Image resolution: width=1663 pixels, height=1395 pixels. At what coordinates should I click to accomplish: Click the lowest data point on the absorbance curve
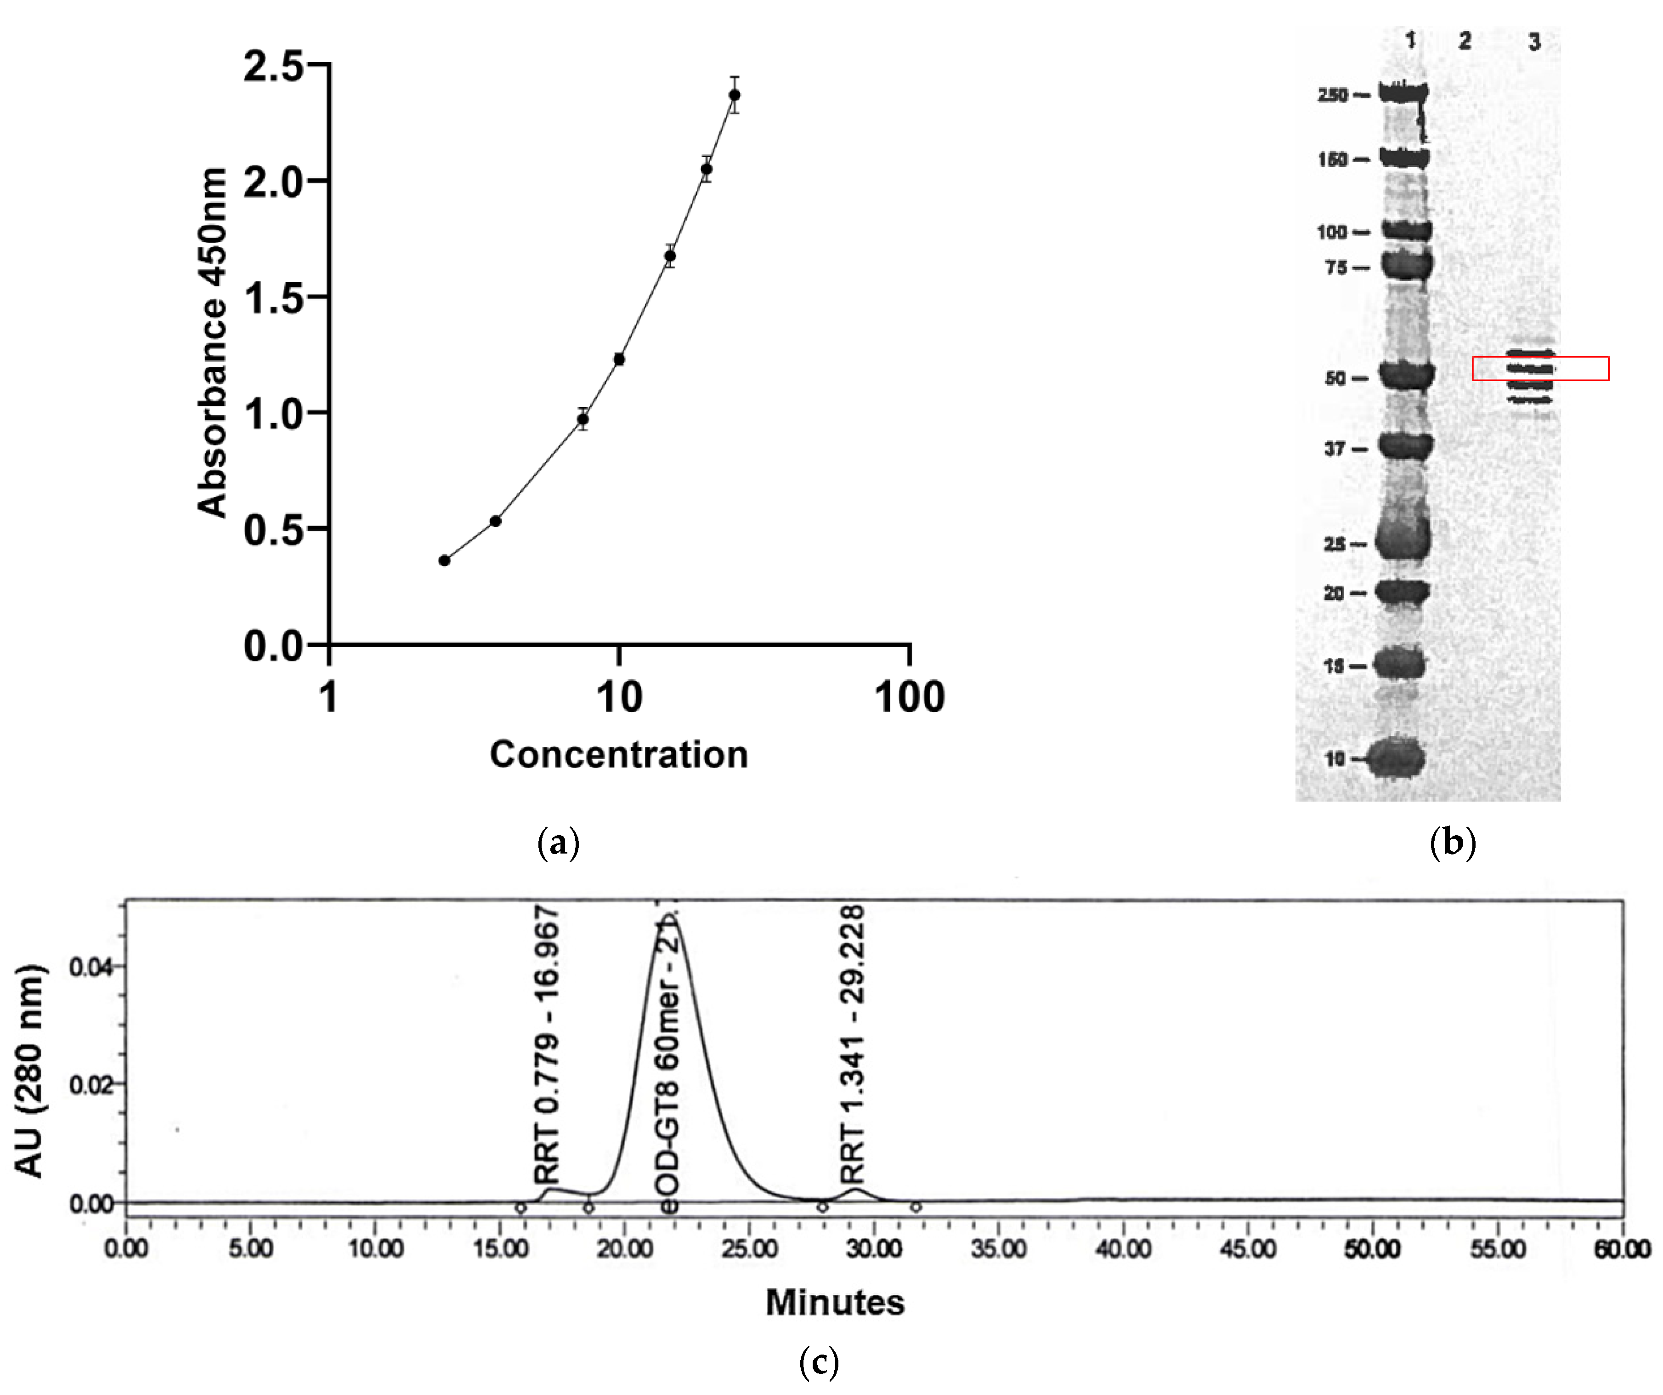[x=444, y=561]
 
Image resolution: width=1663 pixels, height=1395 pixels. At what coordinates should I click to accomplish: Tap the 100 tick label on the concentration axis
[x=909, y=698]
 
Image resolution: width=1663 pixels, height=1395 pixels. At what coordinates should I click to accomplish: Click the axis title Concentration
[x=618, y=754]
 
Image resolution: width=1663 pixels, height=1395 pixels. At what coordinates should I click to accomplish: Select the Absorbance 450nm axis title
[x=212, y=343]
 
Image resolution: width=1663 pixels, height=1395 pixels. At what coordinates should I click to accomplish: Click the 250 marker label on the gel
[x=1332, y=95]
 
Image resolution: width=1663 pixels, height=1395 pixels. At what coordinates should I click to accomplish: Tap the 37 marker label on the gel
[x=1335, y=449]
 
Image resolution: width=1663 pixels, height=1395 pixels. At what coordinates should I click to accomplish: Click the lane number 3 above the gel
[x=1534, y=42]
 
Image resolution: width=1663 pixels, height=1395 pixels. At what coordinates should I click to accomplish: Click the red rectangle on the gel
[x=1540, y=368]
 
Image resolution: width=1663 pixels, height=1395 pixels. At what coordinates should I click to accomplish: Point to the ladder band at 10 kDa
[x=1399, y=758]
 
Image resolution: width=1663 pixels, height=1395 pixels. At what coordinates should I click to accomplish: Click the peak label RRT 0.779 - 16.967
[x=546, y=1046]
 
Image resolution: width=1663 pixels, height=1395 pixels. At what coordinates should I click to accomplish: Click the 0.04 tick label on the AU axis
[x=91, y=967]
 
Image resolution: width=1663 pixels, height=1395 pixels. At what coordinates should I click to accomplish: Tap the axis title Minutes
[x=835, y=1302]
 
